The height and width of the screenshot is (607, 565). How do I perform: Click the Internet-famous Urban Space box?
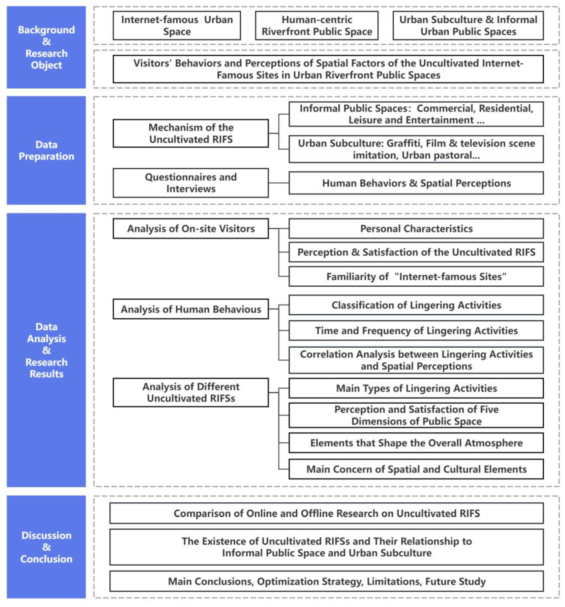tap(177, 26)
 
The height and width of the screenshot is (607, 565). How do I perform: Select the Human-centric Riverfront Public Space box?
tap(317, 26)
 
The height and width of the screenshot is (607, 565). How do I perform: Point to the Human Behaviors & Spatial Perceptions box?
tap(416, 183)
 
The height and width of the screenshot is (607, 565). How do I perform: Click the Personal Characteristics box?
tap(416, 228)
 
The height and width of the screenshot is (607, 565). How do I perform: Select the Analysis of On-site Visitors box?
tap(191, 228)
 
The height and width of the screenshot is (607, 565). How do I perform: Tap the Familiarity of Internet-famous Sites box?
tap(416, 276)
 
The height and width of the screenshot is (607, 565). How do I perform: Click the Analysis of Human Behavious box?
tap(191, 309)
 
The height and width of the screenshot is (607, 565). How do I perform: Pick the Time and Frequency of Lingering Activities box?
tap(416, 330)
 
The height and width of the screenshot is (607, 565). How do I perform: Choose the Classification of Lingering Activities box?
tap(416, 305)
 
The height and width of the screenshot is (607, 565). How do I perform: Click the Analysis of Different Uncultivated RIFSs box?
tap(191, 392)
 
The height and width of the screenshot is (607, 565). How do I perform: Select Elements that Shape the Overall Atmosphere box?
tap(416, 443)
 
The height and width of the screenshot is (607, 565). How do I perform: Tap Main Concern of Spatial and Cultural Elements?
tap(416, 469)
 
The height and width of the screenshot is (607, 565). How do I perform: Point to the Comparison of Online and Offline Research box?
tap(326, 513)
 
